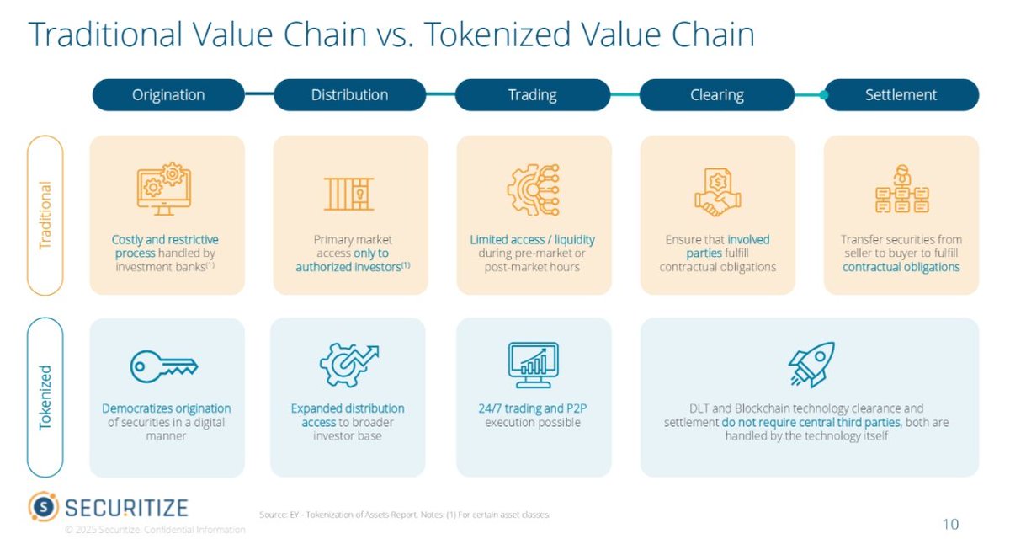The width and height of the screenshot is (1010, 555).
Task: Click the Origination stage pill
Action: point(168,95)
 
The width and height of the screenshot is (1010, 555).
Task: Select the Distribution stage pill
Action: point(349,95)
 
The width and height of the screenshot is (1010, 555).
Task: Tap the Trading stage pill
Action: point(532,95)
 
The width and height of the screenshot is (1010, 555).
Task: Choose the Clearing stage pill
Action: point(716,95)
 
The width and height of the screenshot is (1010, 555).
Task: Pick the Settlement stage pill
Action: point(901,95)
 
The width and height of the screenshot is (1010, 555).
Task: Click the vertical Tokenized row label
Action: point(45,397)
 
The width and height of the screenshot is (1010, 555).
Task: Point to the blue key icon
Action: point(163,365)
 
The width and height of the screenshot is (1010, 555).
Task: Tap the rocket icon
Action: point(811,364)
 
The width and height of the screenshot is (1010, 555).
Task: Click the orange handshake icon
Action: point(717,193)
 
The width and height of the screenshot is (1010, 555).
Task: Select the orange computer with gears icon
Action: point(163,189)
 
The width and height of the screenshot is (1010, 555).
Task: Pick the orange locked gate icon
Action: point(349,194)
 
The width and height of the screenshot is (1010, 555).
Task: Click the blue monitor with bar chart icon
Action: point(533,365)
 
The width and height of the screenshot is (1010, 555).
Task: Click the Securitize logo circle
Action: point(43,507)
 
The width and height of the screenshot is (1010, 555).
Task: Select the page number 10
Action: point(949,524)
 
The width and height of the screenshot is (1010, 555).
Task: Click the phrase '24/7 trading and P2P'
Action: point(533,408)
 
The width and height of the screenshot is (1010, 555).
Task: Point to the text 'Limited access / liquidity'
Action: point(532,240)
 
